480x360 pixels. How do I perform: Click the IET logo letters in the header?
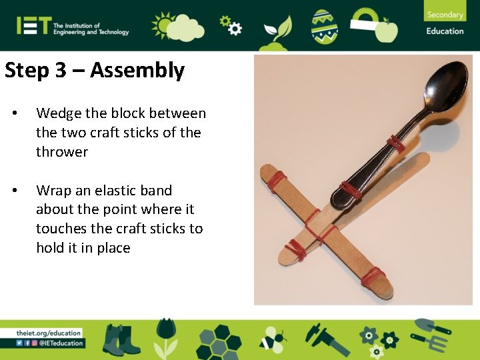33,26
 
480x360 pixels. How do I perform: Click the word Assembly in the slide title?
137,70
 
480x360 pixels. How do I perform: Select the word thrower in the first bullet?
62,152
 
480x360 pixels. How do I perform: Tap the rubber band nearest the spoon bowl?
395,142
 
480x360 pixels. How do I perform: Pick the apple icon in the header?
386,30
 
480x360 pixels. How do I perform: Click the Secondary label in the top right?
445,15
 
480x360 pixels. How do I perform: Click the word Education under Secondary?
445,31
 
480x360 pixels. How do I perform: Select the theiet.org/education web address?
49,333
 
